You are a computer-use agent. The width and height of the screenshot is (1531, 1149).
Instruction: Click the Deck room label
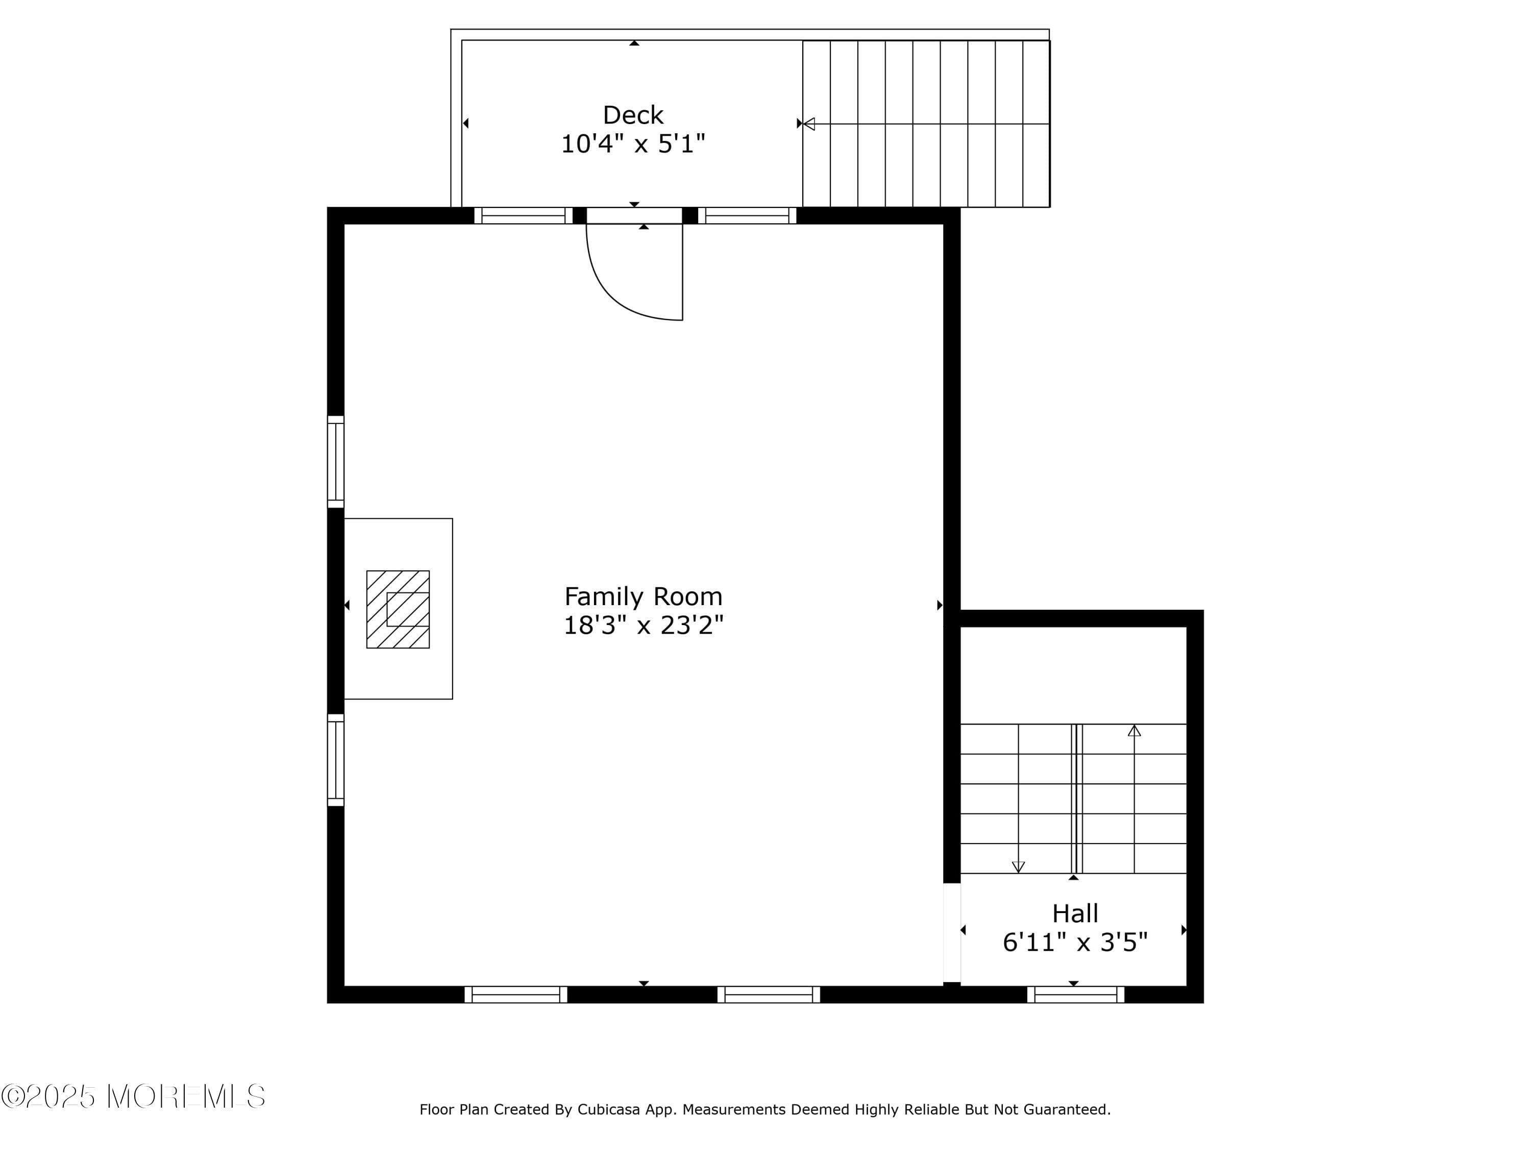[x=633, y=115]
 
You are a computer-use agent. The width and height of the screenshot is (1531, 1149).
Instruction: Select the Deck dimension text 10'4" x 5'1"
[x=633, y=144]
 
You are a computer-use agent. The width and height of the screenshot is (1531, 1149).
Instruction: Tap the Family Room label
[x=643, y=596]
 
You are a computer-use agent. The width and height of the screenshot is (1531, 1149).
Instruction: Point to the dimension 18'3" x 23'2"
[x=643, y=626]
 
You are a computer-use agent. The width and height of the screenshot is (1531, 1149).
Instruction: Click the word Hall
[x=1075, y=914]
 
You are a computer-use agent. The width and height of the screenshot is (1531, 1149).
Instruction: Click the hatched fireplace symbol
[x=398, y=609]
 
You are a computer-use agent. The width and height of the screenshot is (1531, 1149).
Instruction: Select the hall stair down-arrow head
[x=1018, y=867]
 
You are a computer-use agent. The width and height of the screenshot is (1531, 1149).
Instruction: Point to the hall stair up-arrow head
[x=1134, y=731]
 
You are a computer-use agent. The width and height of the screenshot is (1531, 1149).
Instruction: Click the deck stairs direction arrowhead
[x=809, y=124]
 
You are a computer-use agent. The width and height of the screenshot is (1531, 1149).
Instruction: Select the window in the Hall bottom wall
[x=1076, y=995]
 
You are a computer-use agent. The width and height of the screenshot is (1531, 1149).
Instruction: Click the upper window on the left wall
[x=336, y=462]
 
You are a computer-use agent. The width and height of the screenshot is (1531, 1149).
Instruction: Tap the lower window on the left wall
[x=336, y=760]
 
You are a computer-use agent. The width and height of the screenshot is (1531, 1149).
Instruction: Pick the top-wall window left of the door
[x=523, y=216]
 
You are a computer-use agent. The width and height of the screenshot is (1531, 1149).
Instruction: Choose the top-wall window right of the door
[x=747, y=216]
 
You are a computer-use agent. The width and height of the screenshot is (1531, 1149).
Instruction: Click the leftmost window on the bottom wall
[x=515, y=995]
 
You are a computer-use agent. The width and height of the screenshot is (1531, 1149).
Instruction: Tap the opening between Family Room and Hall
[x=952, y=933]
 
